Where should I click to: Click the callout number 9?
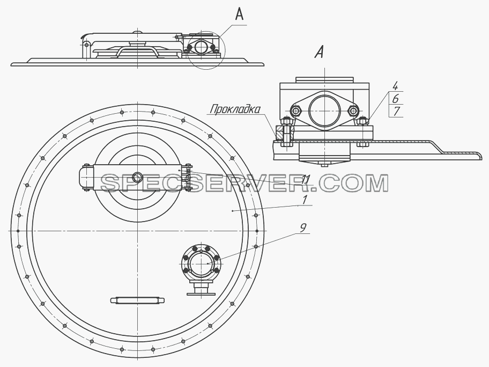303,228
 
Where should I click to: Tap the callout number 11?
306,179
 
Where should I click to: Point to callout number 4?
395,86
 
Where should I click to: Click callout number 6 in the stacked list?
396,99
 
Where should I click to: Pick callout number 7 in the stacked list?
396,112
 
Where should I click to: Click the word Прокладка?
235,109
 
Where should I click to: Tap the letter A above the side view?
239,14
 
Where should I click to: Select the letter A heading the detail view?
319,52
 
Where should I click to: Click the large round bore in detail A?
324,111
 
